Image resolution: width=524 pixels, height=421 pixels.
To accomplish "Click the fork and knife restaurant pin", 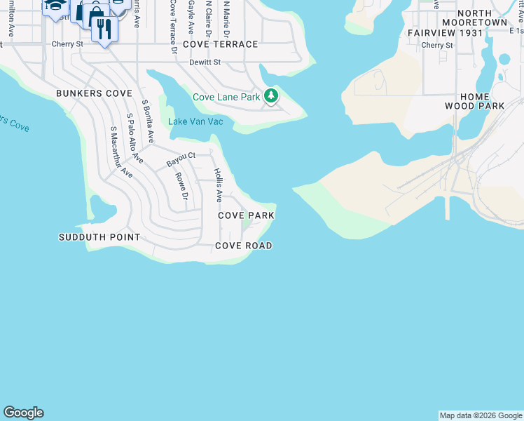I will tap(104, 29).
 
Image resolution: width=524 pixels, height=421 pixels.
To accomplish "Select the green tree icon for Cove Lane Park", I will tap(271, 97).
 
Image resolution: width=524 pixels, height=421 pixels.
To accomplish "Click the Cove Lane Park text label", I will tap(226, 97).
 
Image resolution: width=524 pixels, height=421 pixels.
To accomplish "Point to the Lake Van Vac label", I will tap(195, 121).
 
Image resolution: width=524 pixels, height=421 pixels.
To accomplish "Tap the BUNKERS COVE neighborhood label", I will tap(95, 93).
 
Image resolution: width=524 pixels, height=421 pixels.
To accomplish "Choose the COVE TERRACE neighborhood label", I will tap(221, 44).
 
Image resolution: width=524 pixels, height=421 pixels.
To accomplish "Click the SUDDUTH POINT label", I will tap(99, 237).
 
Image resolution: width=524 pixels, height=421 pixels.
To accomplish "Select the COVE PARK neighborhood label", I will tap(246, 215).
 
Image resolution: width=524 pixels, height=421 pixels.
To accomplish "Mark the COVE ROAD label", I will tap(243, 246).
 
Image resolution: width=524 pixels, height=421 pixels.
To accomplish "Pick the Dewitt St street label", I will tap(205, 62).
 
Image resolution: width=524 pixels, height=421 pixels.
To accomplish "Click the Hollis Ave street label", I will tap(219, 185).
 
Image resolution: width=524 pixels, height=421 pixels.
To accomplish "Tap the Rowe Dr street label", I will tap(181, 186).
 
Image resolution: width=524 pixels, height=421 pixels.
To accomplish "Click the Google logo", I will tap(23, 413).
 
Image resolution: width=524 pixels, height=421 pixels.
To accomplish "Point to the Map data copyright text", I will tap(481, 416).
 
